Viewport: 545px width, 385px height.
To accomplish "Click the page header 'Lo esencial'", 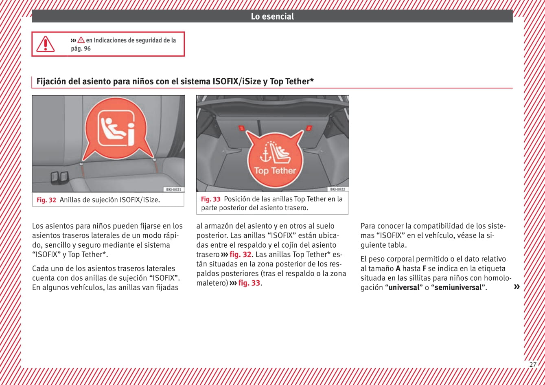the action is [272, 16].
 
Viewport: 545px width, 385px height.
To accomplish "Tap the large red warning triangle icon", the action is [46, 44].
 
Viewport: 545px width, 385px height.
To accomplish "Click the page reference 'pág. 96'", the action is [81, 48].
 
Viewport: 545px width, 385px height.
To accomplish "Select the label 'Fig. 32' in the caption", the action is [46, 200].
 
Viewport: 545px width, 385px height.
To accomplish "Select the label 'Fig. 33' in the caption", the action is [210, 199].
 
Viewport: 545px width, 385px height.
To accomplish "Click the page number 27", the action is [533, 365].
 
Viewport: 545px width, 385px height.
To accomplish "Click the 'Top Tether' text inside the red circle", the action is [275, 171].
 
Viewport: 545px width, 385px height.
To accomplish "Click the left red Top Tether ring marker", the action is [241, 128].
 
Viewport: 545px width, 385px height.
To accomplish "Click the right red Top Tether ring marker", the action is [309, 128].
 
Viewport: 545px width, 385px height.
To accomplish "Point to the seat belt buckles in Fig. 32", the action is [59, 177].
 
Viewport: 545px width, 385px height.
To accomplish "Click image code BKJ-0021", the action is [173, 189].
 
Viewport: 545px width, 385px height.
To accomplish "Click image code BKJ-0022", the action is [338, 189].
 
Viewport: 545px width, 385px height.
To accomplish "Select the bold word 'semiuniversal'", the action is [458, 287].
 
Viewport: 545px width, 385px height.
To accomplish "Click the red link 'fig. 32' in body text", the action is [241, 255].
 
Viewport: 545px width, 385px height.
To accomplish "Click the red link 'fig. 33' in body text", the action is [249, 283].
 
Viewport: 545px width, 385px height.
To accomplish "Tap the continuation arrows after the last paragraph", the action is [517, 287].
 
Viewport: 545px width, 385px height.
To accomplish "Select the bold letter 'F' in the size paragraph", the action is [424, 268].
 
